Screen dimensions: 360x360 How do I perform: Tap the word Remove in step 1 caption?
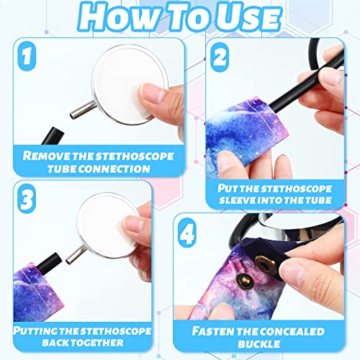(50, 154)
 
